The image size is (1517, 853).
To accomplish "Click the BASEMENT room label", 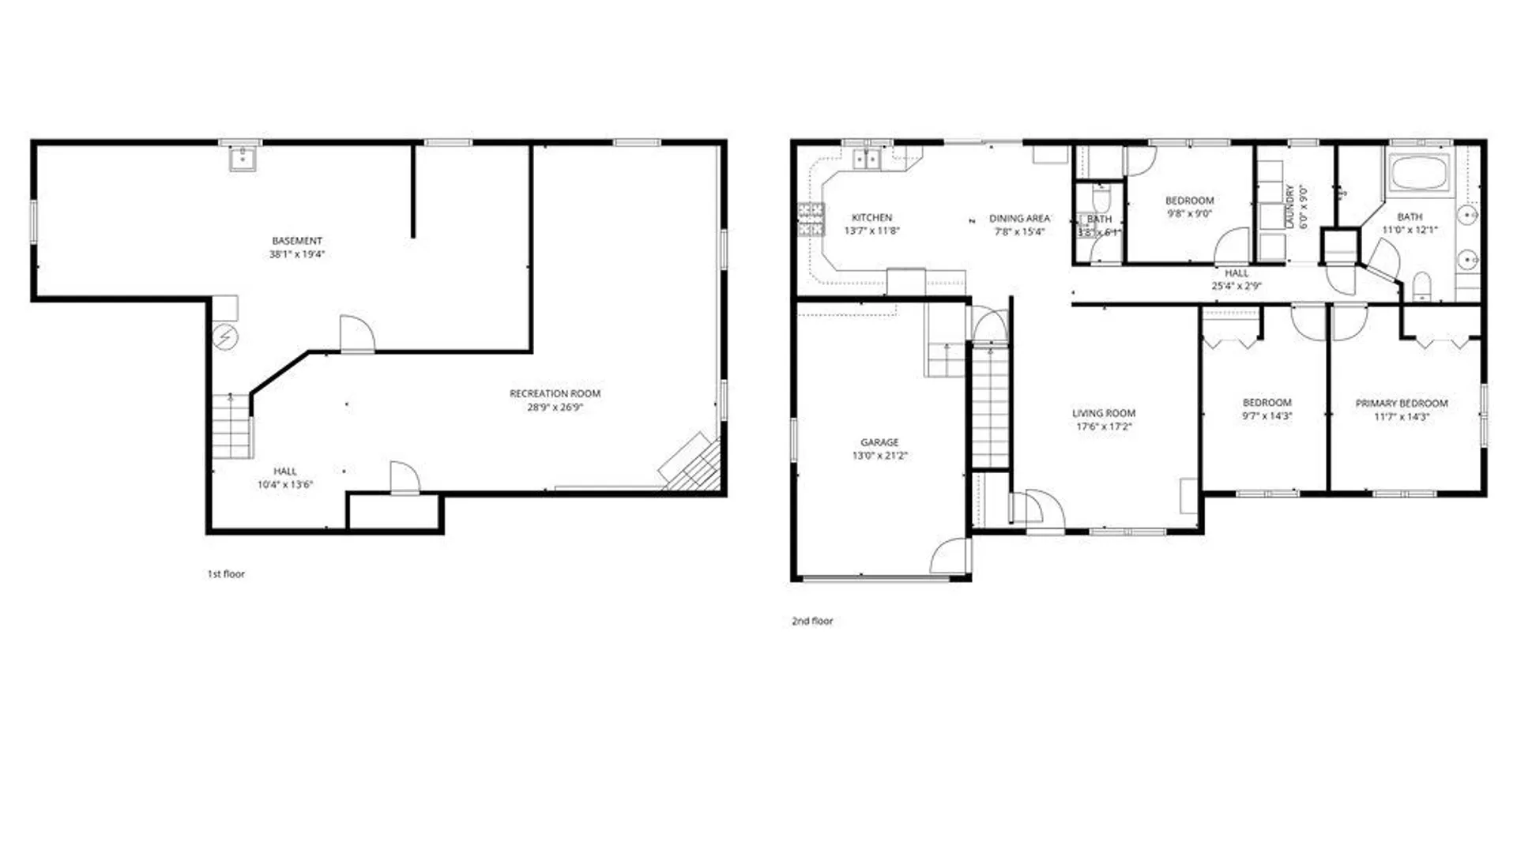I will (x=297, y=241).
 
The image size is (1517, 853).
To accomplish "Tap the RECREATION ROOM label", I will (x=555, y=393).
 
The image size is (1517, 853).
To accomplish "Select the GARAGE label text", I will (x=879, y=442).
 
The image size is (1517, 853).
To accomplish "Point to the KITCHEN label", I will (x=871, y=217).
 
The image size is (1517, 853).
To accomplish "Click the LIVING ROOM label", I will (x=1103, y=413).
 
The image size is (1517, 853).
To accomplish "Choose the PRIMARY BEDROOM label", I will (x=1402, y=403).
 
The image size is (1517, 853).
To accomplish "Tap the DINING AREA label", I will (x=1019, y=218).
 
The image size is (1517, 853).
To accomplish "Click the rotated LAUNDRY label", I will (x=1290, y=207).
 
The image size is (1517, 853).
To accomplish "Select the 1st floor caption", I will (x=226, y=574).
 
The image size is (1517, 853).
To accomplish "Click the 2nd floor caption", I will (x=812, y=621).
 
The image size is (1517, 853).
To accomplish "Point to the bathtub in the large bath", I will (x=1419, y=172).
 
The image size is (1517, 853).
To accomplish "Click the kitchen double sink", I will (x=867, y=159).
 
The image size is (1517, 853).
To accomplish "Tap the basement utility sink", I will (x=242, y=159).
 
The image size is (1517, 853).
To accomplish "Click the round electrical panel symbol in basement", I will (x=225, y=337).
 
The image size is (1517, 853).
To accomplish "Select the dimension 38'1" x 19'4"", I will (x=297, y=254).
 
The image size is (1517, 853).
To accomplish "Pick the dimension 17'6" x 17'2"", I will (x=1103, y=426).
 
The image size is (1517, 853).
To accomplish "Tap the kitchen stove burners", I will (x=811, y=220).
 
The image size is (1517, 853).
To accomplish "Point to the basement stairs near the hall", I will (x=232, y=426).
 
